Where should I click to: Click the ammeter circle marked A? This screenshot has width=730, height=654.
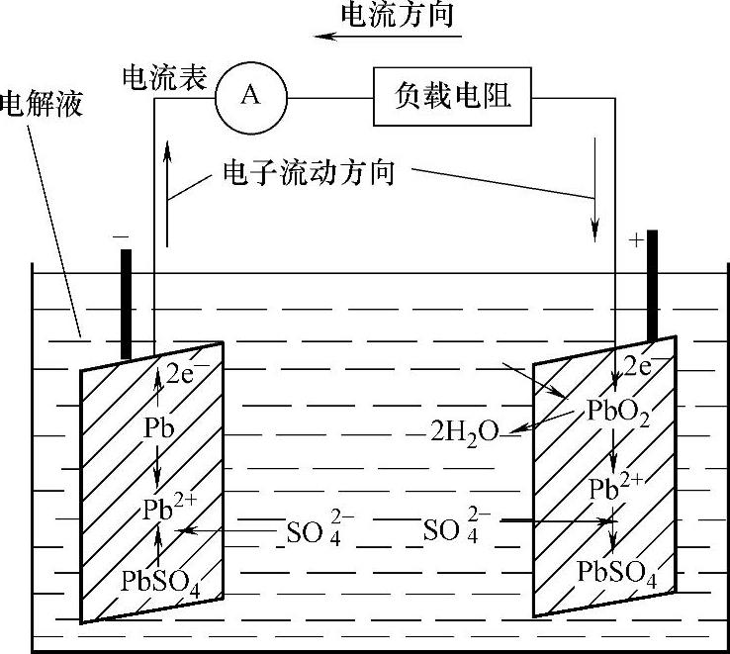(251, 96)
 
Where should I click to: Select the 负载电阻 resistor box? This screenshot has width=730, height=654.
(451, 96)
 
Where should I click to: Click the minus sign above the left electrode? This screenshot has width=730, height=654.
(121, 237)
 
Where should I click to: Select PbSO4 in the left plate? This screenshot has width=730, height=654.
(161, 580)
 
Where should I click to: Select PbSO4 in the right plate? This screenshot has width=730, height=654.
(617, 574)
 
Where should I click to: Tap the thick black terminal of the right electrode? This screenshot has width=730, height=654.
(653, 287)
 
